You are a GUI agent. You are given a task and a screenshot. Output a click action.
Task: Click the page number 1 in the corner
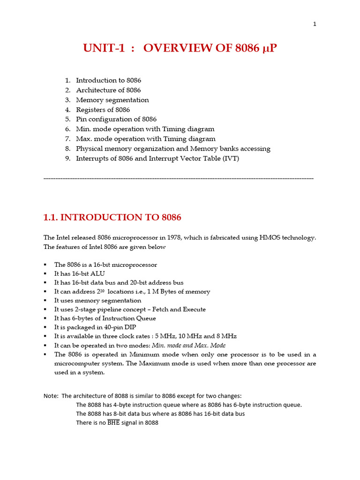(315, 24)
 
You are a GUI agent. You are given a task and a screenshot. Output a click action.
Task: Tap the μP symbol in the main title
(269, 48)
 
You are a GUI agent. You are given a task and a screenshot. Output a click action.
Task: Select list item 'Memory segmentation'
(112, 100)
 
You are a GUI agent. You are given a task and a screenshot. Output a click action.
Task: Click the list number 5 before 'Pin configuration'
(67, 120)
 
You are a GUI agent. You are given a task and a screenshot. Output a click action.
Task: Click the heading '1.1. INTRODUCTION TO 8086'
(112, 217)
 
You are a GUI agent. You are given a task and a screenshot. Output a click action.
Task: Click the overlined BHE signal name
(113, 423)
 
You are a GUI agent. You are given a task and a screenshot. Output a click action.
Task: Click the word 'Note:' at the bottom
(51, 396)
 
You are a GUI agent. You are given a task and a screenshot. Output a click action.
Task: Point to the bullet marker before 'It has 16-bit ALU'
(45, 274)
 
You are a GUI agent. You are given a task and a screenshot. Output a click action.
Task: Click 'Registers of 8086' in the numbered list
(103, 110)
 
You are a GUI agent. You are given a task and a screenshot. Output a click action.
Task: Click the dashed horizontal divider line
(178, 179)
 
